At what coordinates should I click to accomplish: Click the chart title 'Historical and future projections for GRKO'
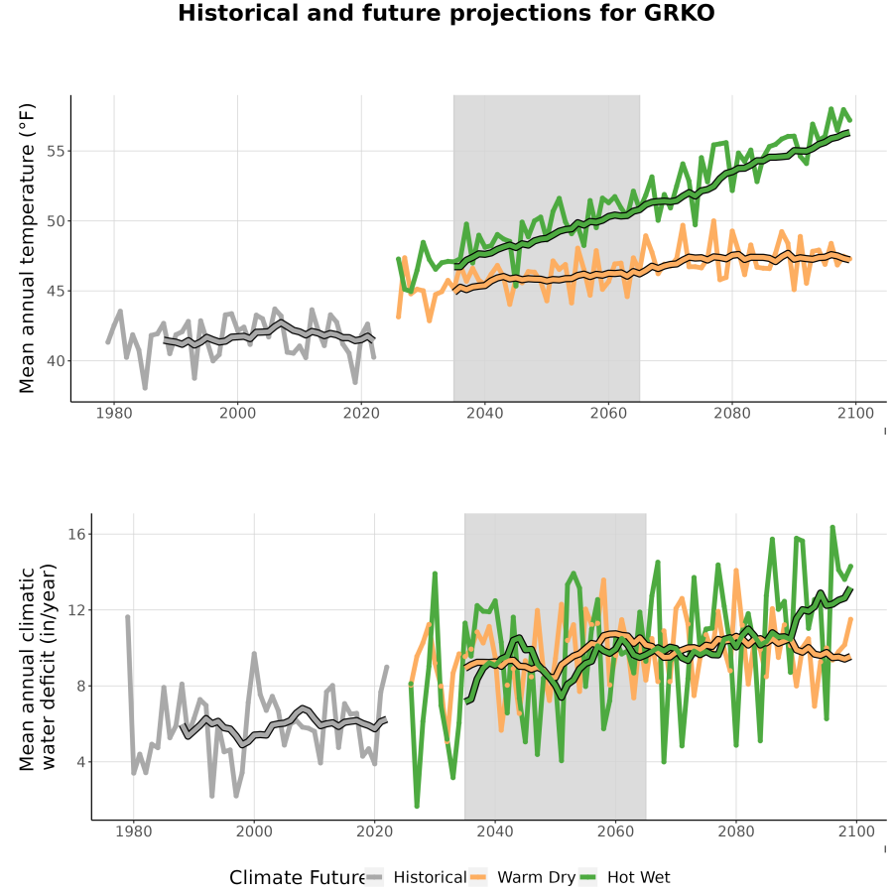(446, 13)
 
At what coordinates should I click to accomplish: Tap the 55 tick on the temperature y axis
(56, 152)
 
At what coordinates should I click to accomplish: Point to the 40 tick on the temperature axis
(56, 361)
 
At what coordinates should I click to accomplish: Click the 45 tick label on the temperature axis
(56, 291)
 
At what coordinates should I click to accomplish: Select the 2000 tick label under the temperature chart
(237, 413)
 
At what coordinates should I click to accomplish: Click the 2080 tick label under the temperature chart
(732, 413)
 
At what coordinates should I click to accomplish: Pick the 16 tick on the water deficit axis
(75, 534)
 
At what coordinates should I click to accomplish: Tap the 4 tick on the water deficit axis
(80, 762)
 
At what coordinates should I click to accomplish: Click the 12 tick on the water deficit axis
(75, 610)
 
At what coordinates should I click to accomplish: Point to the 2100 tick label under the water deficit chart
(856, 831)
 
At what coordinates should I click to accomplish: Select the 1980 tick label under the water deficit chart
(134, 831)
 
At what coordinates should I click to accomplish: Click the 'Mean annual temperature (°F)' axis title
(27, 248)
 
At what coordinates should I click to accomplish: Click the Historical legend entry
(416, 877)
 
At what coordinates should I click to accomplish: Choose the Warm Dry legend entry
(522, 877)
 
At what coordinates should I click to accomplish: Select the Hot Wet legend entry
(625, 877)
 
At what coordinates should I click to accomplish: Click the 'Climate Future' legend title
(297, 878)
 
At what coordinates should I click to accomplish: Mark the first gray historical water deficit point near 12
(128, 617)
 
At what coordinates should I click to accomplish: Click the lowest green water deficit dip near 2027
(417, 806)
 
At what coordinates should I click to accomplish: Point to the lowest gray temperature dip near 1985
(145, 387)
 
